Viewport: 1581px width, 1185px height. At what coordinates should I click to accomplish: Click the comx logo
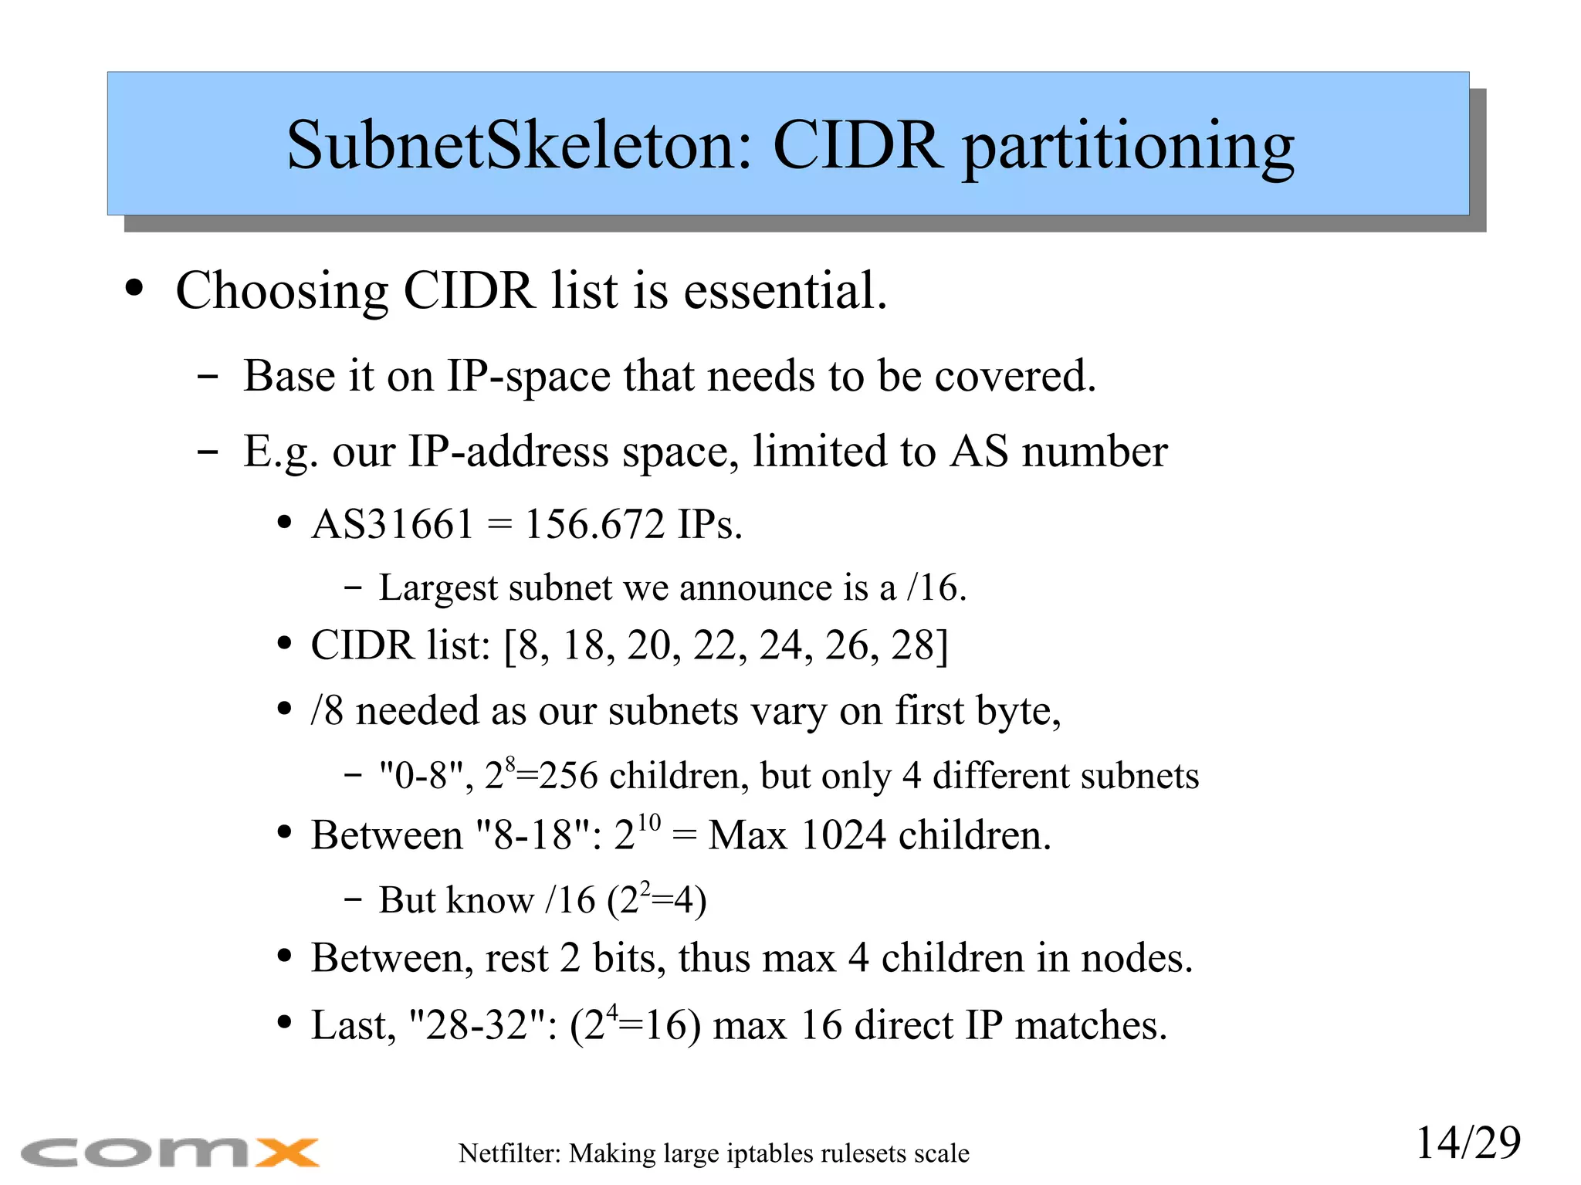(x=170, y=1153)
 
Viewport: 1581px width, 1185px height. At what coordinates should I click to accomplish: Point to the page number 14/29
(x=1468, y=1143)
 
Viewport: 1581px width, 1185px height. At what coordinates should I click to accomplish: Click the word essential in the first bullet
(x=785, y=291)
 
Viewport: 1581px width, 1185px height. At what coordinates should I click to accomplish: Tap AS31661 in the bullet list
(x=392, y=525)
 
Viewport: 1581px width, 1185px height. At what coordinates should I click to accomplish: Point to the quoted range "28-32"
(x=478, y=1026)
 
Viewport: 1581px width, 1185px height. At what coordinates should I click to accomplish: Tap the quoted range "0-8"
(x=421, y=776)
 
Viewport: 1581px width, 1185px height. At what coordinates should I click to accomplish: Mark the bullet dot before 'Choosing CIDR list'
(x=134, y=290)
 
